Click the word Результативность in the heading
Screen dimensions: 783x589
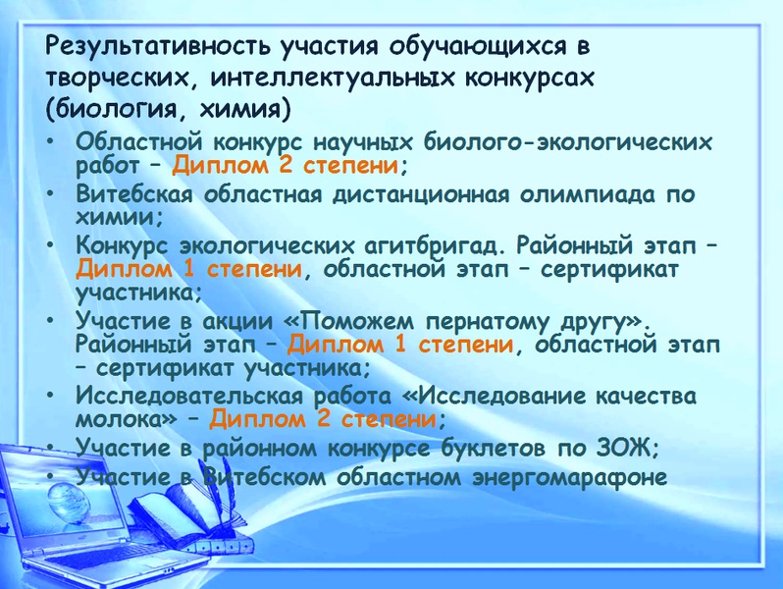coord(158,47)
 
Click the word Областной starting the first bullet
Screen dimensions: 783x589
coord(139,142)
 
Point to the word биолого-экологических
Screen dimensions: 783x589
coord(568,142)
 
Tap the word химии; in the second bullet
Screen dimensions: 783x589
coord(120,217)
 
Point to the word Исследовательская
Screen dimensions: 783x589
coord(189,397)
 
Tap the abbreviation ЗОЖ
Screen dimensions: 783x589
coord(625,448)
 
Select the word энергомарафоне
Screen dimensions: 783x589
coord(570,477)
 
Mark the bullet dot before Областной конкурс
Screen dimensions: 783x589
coord(50,141)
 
